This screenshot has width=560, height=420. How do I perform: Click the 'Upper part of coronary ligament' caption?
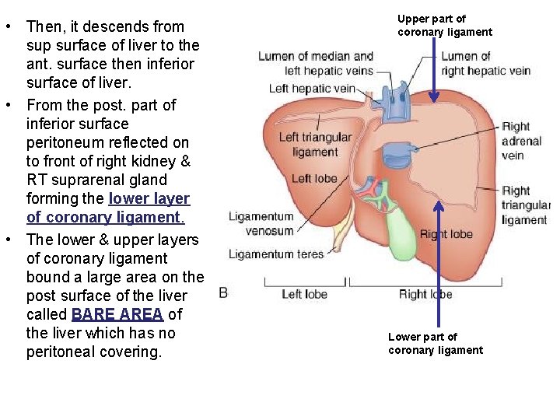coord(445,26)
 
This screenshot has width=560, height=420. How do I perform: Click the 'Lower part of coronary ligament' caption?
coord(436,343)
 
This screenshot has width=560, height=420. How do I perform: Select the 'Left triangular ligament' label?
coord(315,145)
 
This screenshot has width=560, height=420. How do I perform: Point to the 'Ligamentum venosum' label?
coord(261,224)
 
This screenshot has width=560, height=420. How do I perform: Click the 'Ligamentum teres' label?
coord(276,254)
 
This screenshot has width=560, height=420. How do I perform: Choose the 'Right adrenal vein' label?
coord(522,141)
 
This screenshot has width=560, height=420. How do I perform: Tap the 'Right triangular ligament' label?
coord(525,205)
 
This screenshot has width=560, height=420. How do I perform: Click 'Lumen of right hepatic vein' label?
coord(485,63)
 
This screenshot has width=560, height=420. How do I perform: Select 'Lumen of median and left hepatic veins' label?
coord(316,63)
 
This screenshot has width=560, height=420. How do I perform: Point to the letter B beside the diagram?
coord(223,292)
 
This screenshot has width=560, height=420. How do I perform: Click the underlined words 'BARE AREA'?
coord(117,314)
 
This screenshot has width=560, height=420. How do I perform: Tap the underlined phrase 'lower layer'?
coord(149,198)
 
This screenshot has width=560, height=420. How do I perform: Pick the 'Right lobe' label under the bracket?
coord(425,294)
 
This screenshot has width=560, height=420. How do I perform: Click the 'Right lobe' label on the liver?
coord(446,234)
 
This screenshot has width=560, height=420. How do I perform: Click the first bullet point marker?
coord(7,27)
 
